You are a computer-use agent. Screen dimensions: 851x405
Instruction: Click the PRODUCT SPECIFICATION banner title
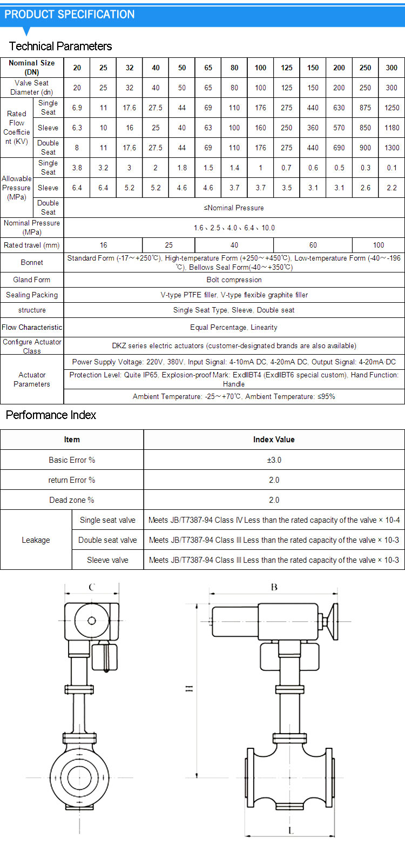coord(70,15)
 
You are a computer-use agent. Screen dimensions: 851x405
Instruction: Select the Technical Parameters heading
coord(60,46)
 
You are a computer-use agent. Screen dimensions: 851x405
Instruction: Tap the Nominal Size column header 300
coord(391,68)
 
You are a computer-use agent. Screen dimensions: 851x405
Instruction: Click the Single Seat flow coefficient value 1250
coord(391,108)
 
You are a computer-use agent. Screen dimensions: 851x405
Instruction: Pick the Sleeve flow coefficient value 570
coord(339,128)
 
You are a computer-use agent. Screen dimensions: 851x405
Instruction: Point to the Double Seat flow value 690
coord(339,148)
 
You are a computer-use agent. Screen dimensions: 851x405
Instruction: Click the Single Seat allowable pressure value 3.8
coord(77,168)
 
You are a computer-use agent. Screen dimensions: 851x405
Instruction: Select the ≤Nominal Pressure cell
coord(234,208)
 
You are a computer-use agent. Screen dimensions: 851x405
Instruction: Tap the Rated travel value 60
coord(313,245)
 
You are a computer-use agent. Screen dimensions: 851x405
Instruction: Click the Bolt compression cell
coord(234,280)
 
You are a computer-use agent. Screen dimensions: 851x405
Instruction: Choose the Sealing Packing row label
coord(32,295)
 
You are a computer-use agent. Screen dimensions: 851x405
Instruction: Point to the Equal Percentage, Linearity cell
coord(234,327)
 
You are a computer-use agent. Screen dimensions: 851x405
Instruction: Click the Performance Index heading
coord(51,415)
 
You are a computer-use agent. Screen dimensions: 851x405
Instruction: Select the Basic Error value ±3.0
coord(274,460)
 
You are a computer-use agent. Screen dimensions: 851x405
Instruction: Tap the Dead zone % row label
coord(72,500)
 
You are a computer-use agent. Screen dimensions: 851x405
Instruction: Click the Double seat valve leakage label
coord(107,540)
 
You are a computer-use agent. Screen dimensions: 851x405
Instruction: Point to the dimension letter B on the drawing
coord(274,587)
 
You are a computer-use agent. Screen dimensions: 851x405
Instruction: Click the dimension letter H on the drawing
coord(190,688)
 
